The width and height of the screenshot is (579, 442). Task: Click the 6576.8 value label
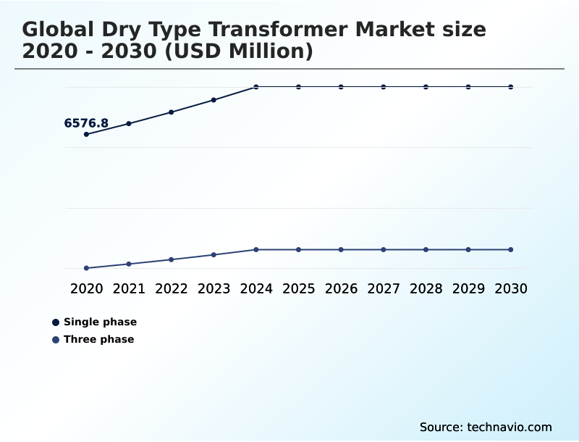pyautogui.click(x=86, y=123)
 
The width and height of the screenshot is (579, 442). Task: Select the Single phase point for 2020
pyautogui.click(x=87, y=134)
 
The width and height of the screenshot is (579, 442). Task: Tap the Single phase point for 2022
pyautogui.click(x=172, y=112)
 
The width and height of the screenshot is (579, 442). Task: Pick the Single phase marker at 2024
pyautogui.click(x=256, y=87)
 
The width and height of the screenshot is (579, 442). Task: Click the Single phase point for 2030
pyautogui.click(x=511, y=87)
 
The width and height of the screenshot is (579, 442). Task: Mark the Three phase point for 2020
pyautogui.click(x=87, y=268)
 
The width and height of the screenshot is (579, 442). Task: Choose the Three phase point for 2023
pyautogui.click(x=214, y=254)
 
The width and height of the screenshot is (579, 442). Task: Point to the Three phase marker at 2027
pyautogui.click(x=384, y=249)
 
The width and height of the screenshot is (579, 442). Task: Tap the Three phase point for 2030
pyautogui.click(x=511, y=249)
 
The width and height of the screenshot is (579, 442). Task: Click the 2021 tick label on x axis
pyautogui.click(x=129, y=288)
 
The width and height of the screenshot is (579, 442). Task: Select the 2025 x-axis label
pyautogui.click(x=298, y=288)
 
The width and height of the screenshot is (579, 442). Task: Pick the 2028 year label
pyautogui.click(x=426, y=288)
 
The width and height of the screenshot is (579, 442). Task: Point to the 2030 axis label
pyautogui.click(x=511, y=288)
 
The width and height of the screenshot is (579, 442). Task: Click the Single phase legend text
pyautogui.click(x=100, y=322)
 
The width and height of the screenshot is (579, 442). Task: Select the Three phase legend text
pyautogui.click(x=98, y=339)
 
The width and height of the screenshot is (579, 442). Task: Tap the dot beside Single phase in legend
pyautogui.click(x=56, y=322)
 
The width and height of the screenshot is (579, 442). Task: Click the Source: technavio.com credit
pyautogui.click(x=486, y=427)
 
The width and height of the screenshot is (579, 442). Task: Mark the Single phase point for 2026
pyautogui.click(x=341, y=87)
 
